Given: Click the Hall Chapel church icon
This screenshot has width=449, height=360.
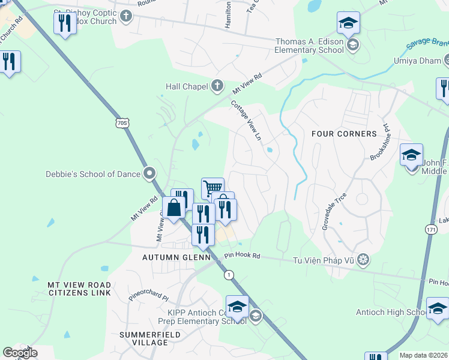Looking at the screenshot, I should pos(217,86).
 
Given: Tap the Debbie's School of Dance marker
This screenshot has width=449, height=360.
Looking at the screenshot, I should pos(150,174).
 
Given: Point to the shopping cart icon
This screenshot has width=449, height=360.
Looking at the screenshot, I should pos(212,188).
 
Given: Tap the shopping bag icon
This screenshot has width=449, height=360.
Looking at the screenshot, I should pos(173,208).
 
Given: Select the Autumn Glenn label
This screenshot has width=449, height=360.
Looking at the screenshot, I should pos(176,257).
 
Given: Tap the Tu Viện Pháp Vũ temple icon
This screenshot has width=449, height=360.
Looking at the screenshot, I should pos(363,260).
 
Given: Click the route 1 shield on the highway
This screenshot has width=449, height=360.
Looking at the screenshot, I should pos(229,275).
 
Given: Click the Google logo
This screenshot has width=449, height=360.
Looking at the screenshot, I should pos(20,353).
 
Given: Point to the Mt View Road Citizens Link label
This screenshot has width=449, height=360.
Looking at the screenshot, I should pos(79,289).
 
